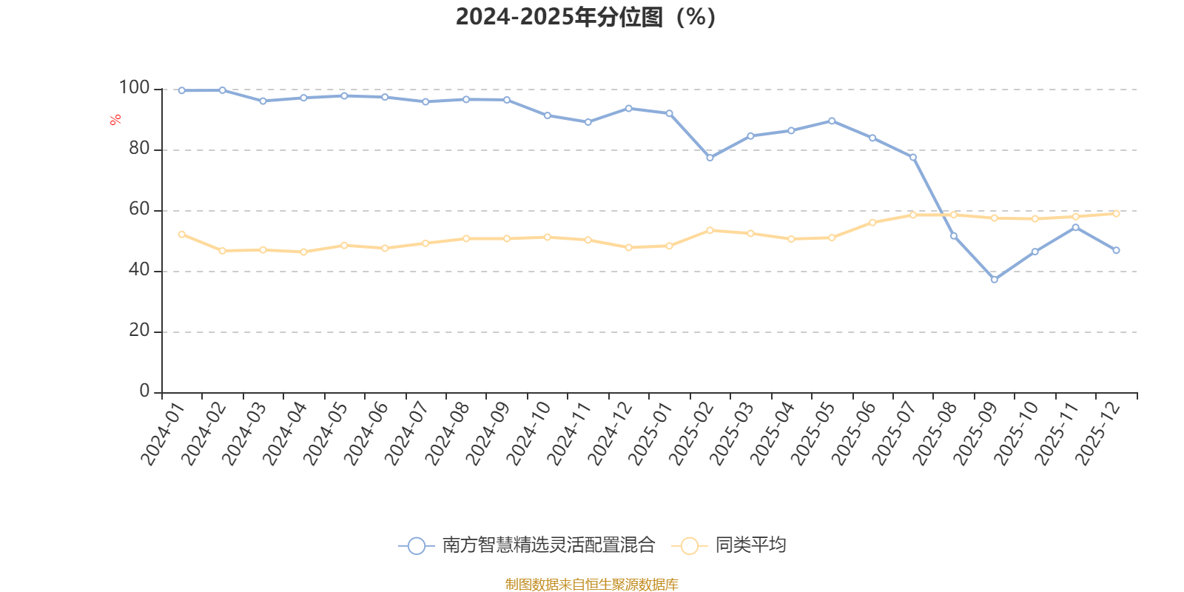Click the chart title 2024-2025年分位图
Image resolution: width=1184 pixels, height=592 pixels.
pos(585,17)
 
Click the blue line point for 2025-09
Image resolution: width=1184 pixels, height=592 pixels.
pos(994,279)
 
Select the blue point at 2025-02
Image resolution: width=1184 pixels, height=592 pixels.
pos(710,158)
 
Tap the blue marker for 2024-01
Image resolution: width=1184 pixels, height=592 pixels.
pos(182,90)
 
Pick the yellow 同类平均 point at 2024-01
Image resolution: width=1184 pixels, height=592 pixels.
pos(182,234)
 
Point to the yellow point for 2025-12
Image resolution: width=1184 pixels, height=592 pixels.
pos(1116,213)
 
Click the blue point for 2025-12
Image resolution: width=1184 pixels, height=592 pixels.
pos(1116,250)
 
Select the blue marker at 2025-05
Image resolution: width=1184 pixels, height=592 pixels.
pos(832,121)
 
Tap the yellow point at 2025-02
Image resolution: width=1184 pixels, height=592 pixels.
pos(710,230)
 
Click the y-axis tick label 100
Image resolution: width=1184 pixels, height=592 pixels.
pos(134,88)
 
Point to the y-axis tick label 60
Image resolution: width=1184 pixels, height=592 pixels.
pos(138,209)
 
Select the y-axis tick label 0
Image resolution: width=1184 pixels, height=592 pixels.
pos(144,391)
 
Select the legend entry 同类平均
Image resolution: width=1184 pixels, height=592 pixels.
pos(749,545)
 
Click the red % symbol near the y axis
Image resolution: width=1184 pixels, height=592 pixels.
pos(115,120)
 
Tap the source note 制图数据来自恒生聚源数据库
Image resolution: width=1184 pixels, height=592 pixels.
pos(591,585)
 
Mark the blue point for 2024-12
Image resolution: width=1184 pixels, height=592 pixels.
pos(628,108)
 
